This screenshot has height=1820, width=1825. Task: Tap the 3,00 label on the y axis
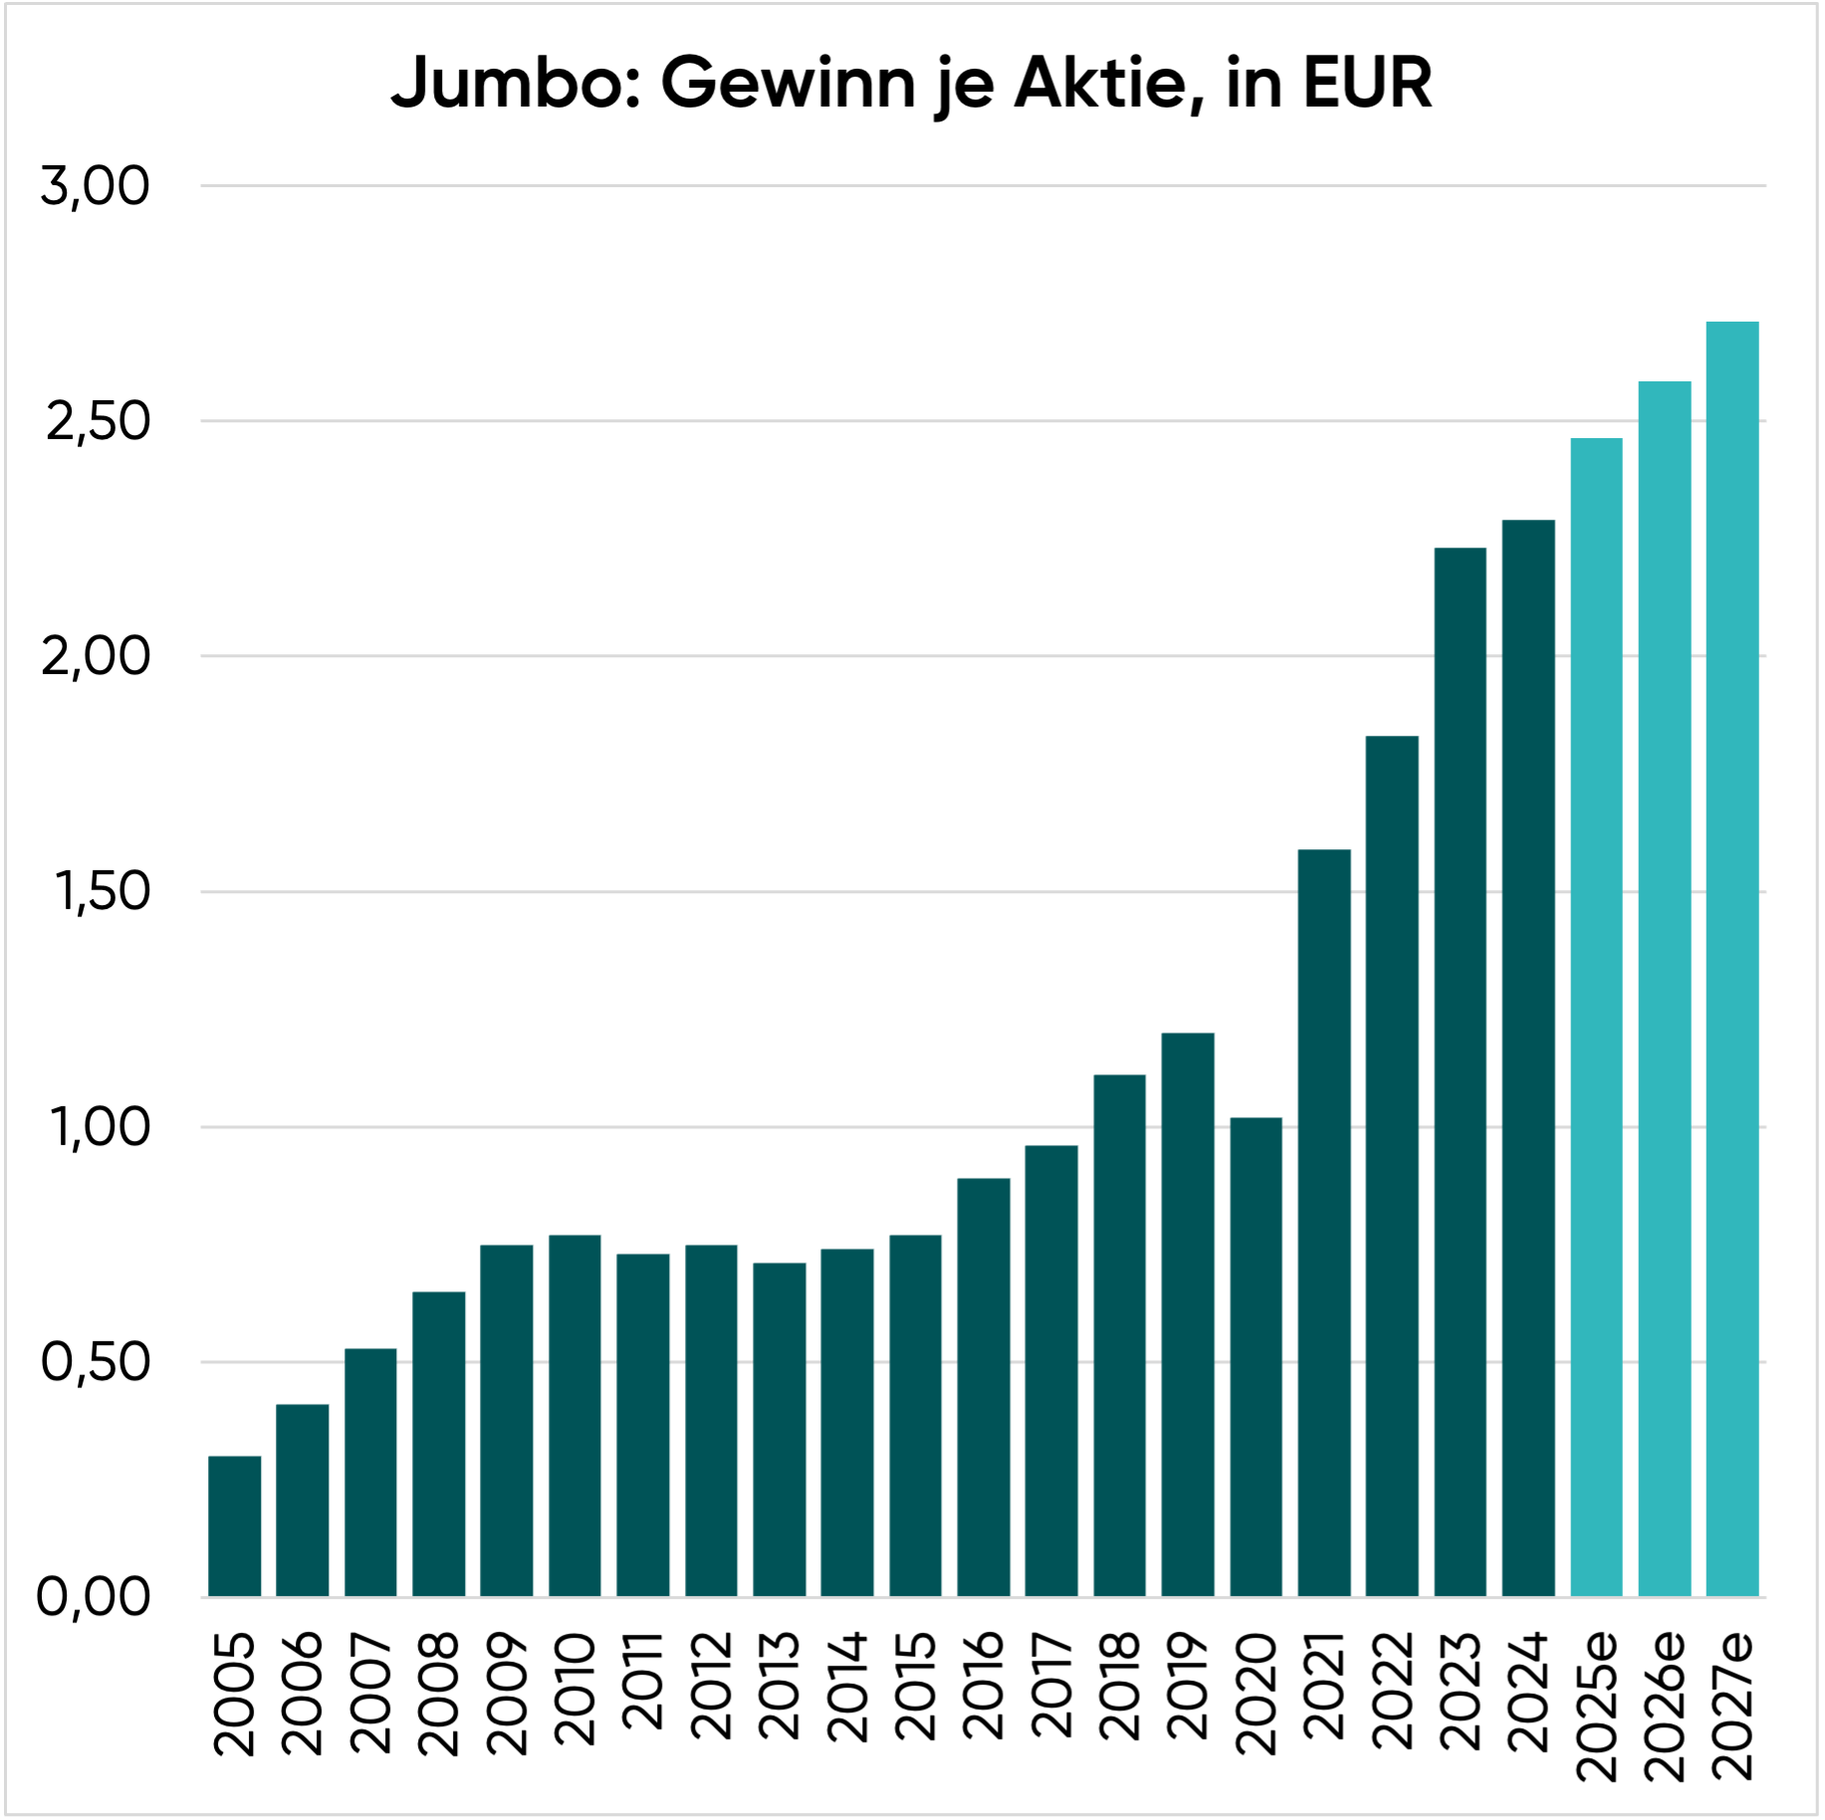[x=96, y=186]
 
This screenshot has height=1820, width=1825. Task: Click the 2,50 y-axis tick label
[x=98, y=421]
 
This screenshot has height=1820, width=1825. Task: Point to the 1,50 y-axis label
[x=103, y=891]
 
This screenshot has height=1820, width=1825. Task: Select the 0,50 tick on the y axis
[x=96, y=1362]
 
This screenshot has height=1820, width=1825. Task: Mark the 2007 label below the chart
[x=370, y=1693]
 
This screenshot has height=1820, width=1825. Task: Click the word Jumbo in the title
[x=509, y=83]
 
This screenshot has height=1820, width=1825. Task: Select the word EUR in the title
[x=1367, y=83]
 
